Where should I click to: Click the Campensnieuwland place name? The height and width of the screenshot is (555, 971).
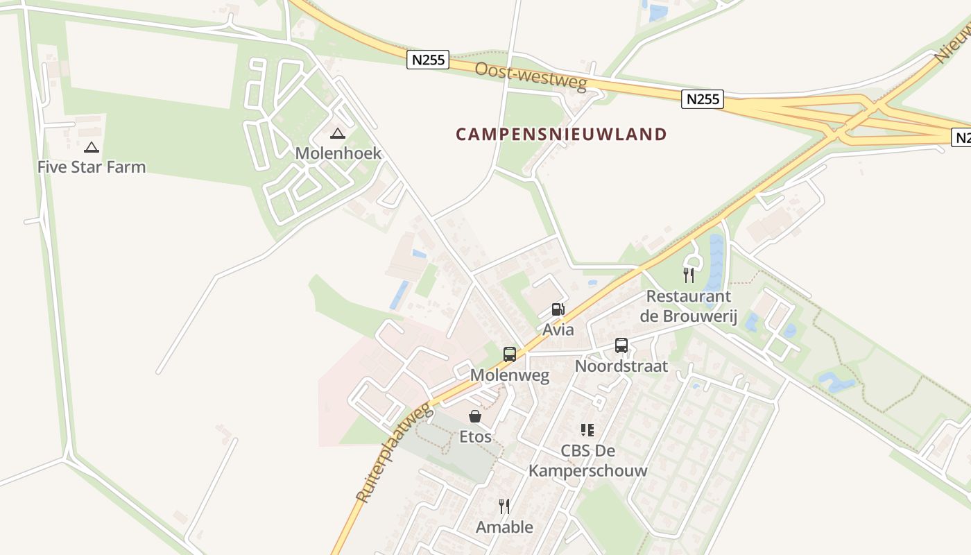(561, 134)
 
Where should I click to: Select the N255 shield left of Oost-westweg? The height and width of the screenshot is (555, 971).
(428, 60)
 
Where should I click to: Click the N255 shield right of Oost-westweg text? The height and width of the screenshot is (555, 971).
(703, 99)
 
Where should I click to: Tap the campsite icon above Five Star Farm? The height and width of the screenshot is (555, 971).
(92, 147)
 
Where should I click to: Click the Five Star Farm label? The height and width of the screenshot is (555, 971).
(92, 166)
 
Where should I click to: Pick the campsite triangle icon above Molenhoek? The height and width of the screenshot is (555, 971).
(338, 133)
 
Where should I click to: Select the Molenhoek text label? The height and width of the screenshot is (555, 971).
(338, 153)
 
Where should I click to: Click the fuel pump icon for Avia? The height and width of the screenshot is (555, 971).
(558, 309)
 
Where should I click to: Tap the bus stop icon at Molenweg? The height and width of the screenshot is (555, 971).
(510, 355)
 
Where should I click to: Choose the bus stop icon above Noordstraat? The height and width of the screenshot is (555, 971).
(621, 345)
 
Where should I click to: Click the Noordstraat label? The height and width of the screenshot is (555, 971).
(621, 366)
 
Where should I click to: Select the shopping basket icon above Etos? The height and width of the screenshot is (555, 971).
(475, 416)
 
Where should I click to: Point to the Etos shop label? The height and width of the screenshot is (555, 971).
(475, 436)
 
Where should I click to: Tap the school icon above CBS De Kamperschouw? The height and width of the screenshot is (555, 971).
(587, 430)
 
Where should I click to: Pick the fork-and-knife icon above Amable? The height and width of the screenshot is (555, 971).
(504, 506)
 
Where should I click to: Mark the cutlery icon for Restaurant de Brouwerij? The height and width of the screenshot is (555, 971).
(688, 275)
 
